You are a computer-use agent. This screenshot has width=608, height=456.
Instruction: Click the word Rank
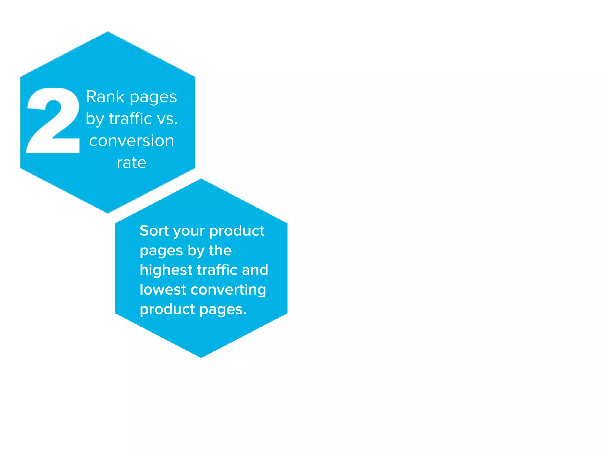tap(105, 97)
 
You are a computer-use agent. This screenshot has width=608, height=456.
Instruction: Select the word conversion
tap(132, 141)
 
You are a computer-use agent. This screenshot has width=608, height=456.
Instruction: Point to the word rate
tap(132, 163)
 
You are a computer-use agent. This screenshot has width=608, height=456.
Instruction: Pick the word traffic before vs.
tap(131, 119)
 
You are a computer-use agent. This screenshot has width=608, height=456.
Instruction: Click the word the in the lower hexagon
tap(220, 251)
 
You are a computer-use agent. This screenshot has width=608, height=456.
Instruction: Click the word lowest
tap(163, 290)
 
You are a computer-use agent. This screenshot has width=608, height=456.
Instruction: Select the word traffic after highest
tap(217, 270)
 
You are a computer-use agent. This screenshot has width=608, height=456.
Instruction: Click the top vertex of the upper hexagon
tap(107, 32)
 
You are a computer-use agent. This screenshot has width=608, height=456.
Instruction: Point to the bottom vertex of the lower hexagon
tap(201, 357)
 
